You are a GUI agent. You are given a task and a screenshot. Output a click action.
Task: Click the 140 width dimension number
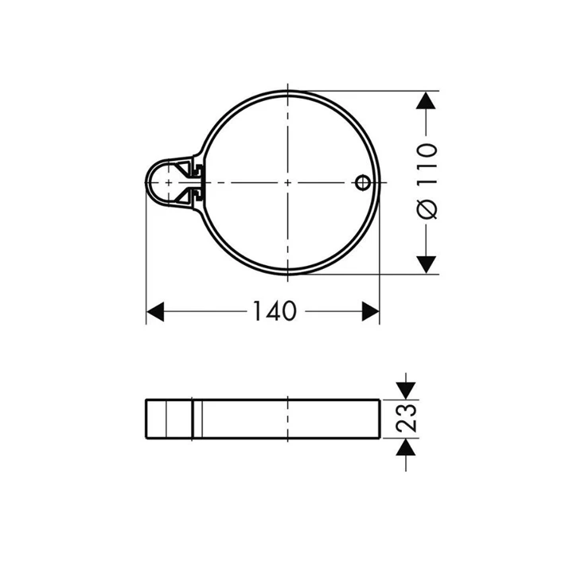pyautogui.click(x=275, y=311)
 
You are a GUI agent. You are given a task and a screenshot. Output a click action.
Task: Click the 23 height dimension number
pyautogui.click(x=407, y=417)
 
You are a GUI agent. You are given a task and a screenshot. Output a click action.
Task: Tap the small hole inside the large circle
pyautogui.click(x=361, y=183)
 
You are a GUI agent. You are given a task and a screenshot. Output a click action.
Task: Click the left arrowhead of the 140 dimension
pyautogui.click(x=155, y=311)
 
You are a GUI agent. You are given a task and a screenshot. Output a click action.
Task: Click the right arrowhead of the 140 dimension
pyautogui.click(x=371, y=311)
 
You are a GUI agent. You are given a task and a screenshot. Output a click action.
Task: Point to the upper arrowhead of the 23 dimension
pyautogui.click(x=406, y=388)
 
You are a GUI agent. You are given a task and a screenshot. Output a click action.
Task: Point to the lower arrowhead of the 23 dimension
pyautogui.click(x=406, y=446)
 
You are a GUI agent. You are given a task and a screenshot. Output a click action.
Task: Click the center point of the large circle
pyautogui.click(x=286, y=183)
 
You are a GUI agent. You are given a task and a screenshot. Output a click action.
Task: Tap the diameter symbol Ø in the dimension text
pyautogui.click(x=427, y=209)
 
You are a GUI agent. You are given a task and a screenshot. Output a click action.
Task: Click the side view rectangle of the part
pyautogui.click(x=263, y=418)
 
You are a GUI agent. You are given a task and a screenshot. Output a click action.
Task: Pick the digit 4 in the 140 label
pyautogui.click(x=275, y=311)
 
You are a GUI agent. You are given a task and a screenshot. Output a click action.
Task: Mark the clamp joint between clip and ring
pyautogui.click(x=196, y=182)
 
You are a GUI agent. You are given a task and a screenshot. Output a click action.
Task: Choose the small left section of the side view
pyautogui.click(x=169, y=418)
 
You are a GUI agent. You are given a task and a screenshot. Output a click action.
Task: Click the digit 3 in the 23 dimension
pyautogui.click(x=407, y=408)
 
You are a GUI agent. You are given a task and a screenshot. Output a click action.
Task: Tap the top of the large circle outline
pyautogui.click(x=286, y=92)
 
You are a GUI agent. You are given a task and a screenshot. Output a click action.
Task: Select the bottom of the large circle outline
pyautogui.click(x=286, y=275)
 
